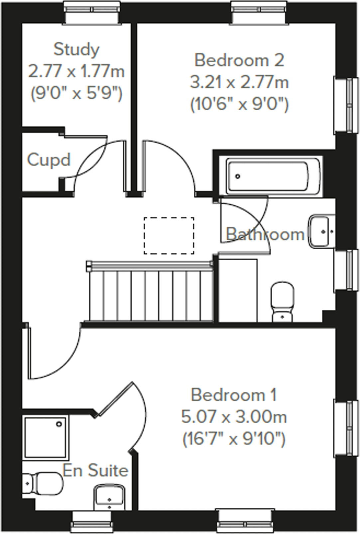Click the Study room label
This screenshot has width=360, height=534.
point(76,50)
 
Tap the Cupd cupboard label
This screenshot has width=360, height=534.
point(49,160)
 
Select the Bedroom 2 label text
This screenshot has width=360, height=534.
point(239,60)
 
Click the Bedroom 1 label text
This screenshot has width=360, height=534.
point(234,395)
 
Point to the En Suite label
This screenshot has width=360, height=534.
point(95,471)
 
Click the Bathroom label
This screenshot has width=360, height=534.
point(265,234)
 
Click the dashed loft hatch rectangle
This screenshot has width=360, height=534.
point(169,236)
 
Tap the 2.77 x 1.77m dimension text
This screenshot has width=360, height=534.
point(76,71)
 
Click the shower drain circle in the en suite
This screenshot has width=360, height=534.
point(60,424)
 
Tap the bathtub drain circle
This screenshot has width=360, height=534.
point(237,176)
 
